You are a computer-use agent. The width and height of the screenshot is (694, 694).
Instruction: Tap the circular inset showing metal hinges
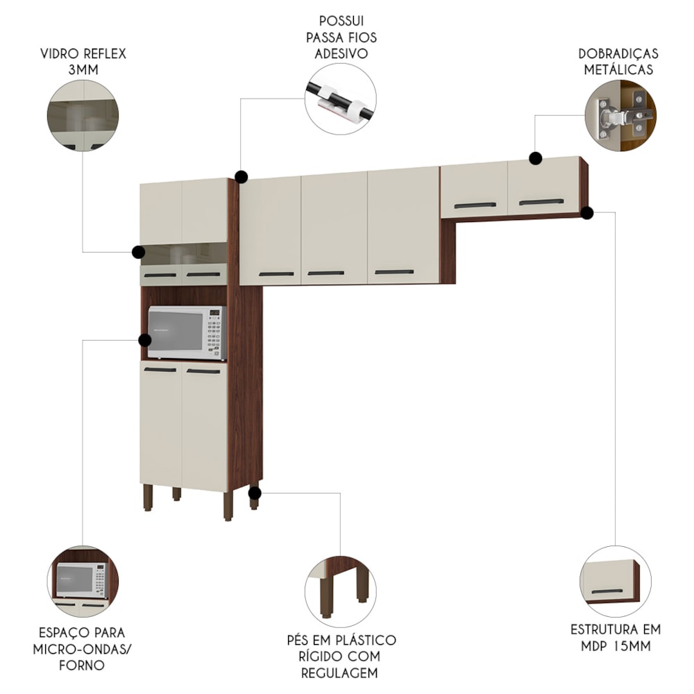[620, 115]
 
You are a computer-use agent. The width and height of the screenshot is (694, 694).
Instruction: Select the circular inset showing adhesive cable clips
[340, 99]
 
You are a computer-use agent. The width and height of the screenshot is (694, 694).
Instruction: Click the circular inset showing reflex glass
[83, 115]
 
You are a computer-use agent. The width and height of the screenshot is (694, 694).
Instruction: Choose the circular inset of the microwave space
[83, 582]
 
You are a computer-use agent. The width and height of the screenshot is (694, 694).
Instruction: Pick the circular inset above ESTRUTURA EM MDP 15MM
[615, 582]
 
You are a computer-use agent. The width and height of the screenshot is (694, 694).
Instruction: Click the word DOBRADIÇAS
[618, 54]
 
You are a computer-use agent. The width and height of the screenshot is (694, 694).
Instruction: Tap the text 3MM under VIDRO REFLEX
[83, 70]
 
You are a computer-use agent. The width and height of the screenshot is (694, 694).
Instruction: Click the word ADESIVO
[341, 53]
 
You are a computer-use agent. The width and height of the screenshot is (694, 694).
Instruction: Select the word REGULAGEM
[340, 673]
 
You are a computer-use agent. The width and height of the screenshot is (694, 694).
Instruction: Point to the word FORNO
[82, 666]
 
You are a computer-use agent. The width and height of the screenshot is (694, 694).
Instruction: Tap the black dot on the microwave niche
[145, 340]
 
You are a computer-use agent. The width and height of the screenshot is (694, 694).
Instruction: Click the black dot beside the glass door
[139, 253]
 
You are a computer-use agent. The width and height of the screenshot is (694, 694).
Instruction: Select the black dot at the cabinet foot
[255, 493]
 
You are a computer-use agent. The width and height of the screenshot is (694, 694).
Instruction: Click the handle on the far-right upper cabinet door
[541, 202]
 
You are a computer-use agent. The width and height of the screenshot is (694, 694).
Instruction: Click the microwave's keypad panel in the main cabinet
[214, 333]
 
